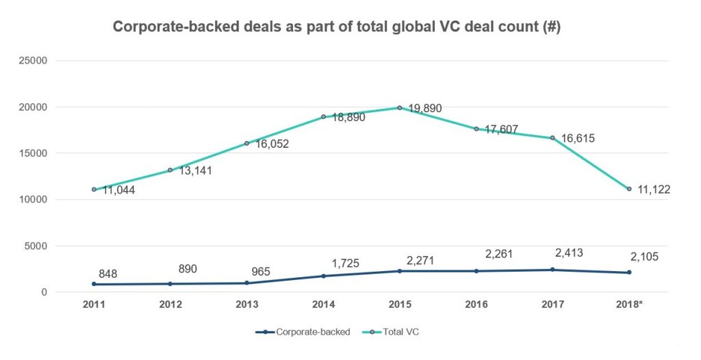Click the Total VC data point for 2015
click(x=399, y=107)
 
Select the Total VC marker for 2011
click(x=93, y=190)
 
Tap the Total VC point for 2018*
click(x=628, y=189)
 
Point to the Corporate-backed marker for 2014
click(x=323, y=276)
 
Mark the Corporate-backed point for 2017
click(x=552, y=270)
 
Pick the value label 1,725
click(x=345, y=263)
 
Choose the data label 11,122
click(x=652, y=190)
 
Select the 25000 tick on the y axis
click(x=32, y=60)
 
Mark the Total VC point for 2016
click(x=476, y=129)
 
